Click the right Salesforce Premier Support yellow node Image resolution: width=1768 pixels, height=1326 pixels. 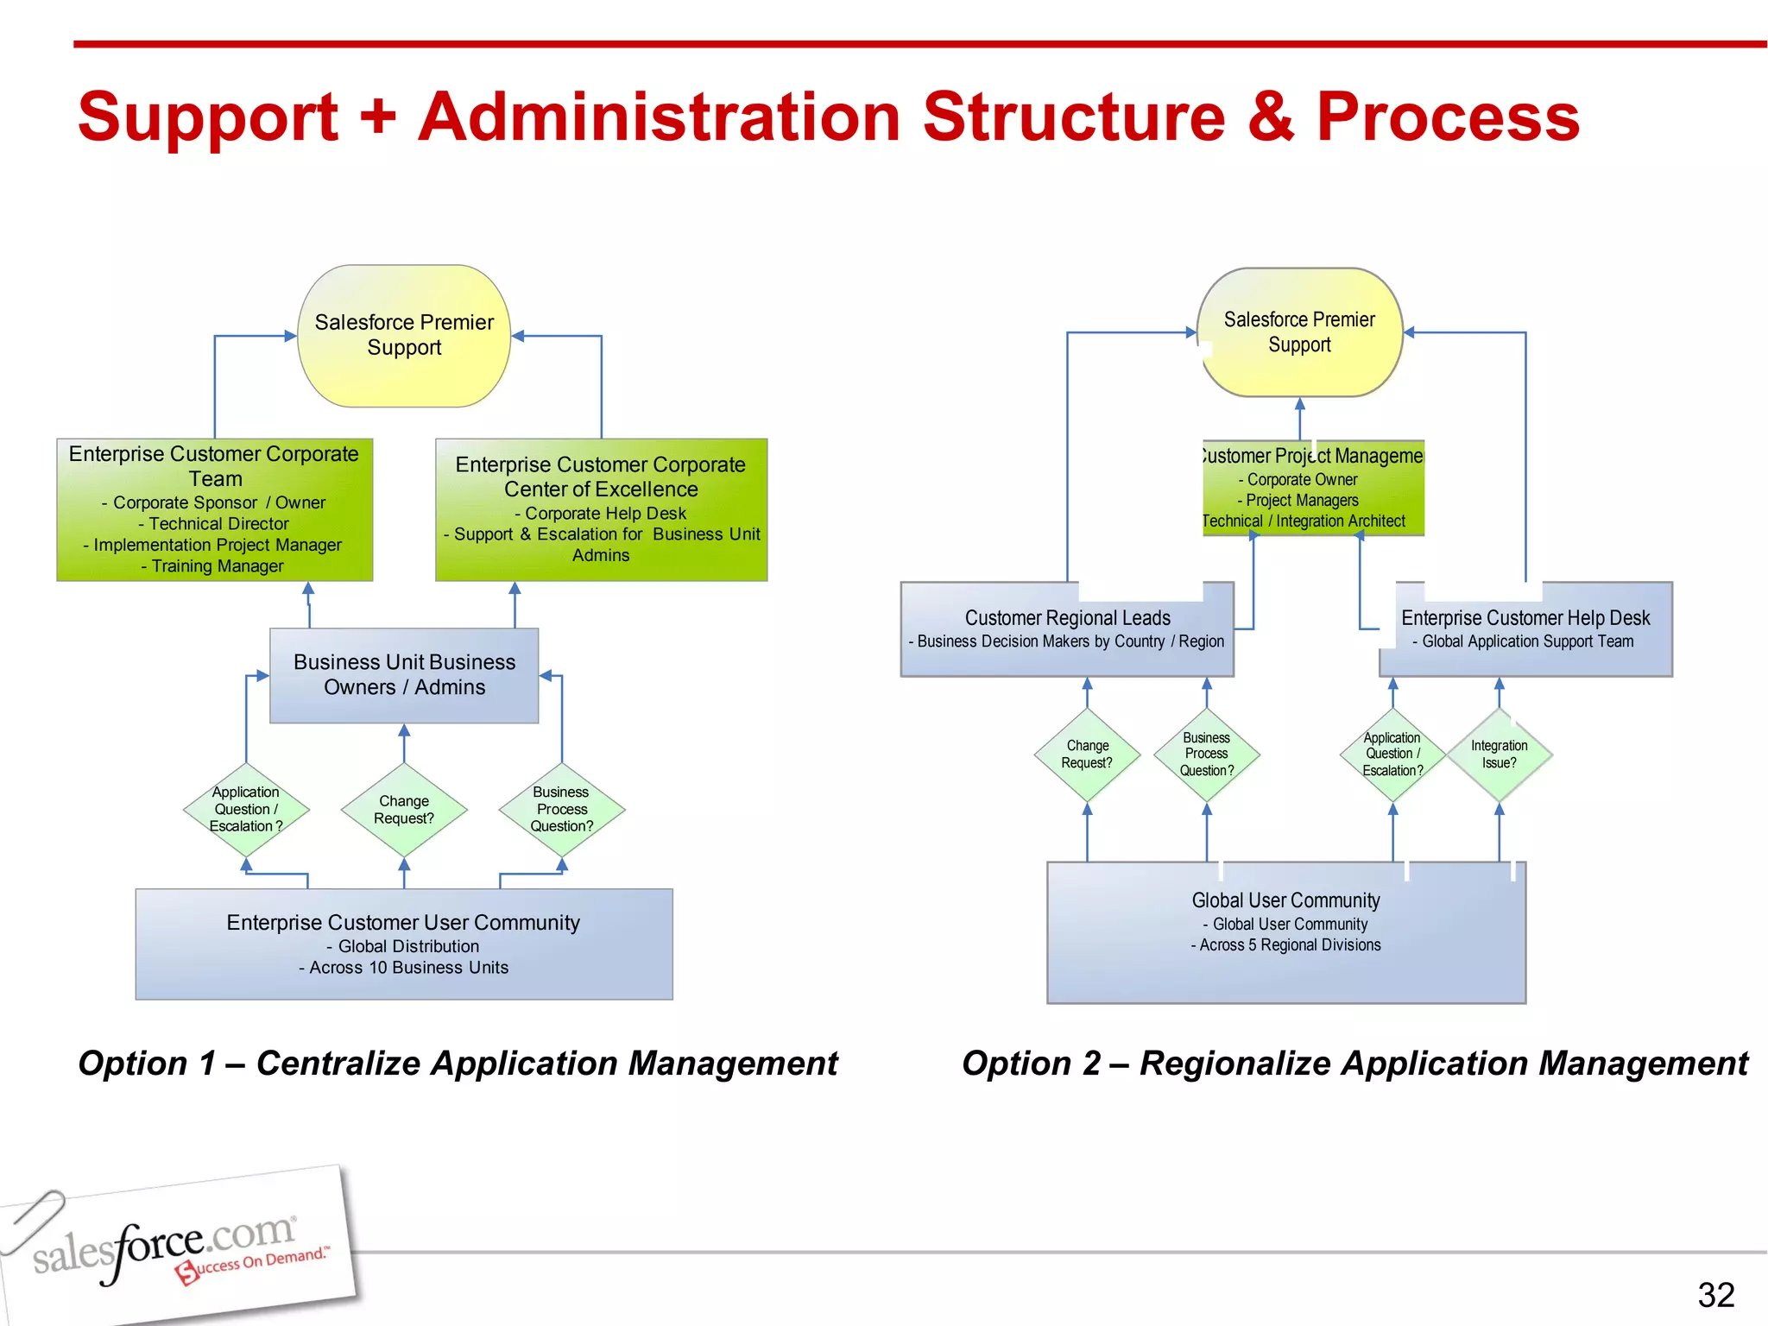click(1299, 332)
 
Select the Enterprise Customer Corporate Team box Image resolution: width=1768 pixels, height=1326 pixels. click(214, 509)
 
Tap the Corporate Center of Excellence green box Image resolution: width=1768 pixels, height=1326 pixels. click(601, 509)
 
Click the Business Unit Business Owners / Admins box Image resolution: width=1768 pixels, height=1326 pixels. click(404, 675)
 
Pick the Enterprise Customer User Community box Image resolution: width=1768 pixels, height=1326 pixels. click(404, 944)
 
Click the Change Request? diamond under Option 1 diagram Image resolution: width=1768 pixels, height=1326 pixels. click(404, 810)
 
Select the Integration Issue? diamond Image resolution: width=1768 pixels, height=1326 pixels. click(1499, 755)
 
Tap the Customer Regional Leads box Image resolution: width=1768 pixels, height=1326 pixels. click(1067, 630)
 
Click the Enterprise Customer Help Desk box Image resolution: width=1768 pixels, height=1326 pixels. click(1525, 630)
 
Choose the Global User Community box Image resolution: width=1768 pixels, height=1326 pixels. click(1285, 932)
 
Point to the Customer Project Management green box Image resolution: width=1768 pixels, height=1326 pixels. click(1312, 489)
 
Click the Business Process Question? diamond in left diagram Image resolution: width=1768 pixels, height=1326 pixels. click(562, 810)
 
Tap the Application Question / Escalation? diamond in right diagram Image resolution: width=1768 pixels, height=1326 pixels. click(1392, 755)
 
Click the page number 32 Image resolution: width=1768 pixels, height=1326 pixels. click(1715, 1295)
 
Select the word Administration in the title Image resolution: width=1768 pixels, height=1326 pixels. click(660, 117)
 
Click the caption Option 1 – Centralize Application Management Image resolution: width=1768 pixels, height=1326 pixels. click(458, 1064)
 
